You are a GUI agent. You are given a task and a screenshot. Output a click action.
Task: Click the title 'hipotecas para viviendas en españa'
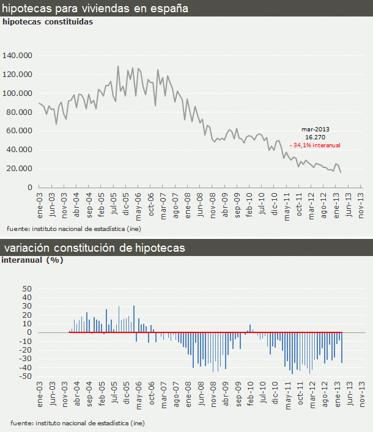tap(95, 9)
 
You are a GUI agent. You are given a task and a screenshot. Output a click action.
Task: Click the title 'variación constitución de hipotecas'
tap(94, 248)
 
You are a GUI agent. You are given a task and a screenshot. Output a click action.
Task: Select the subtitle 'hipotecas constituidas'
tap(48, 21)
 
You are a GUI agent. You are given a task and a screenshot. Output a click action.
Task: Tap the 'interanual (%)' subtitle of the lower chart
tap(33, 260)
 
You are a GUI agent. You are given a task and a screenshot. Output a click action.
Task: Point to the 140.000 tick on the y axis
tap(18, 56)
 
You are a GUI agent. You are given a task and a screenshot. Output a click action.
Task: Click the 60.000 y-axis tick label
tap(20, 131)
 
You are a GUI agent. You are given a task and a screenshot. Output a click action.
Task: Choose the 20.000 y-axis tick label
tap(20, 169)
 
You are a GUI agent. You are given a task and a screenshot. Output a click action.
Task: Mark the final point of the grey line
tap(341, 172)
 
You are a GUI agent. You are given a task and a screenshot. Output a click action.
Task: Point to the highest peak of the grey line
tap(118, 66)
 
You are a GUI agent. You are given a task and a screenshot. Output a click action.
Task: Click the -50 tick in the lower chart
tap(26, 376)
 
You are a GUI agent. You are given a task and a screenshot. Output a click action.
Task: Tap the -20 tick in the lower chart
tap(26, 350)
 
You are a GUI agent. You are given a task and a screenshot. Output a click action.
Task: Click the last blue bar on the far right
tap(341, 348)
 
